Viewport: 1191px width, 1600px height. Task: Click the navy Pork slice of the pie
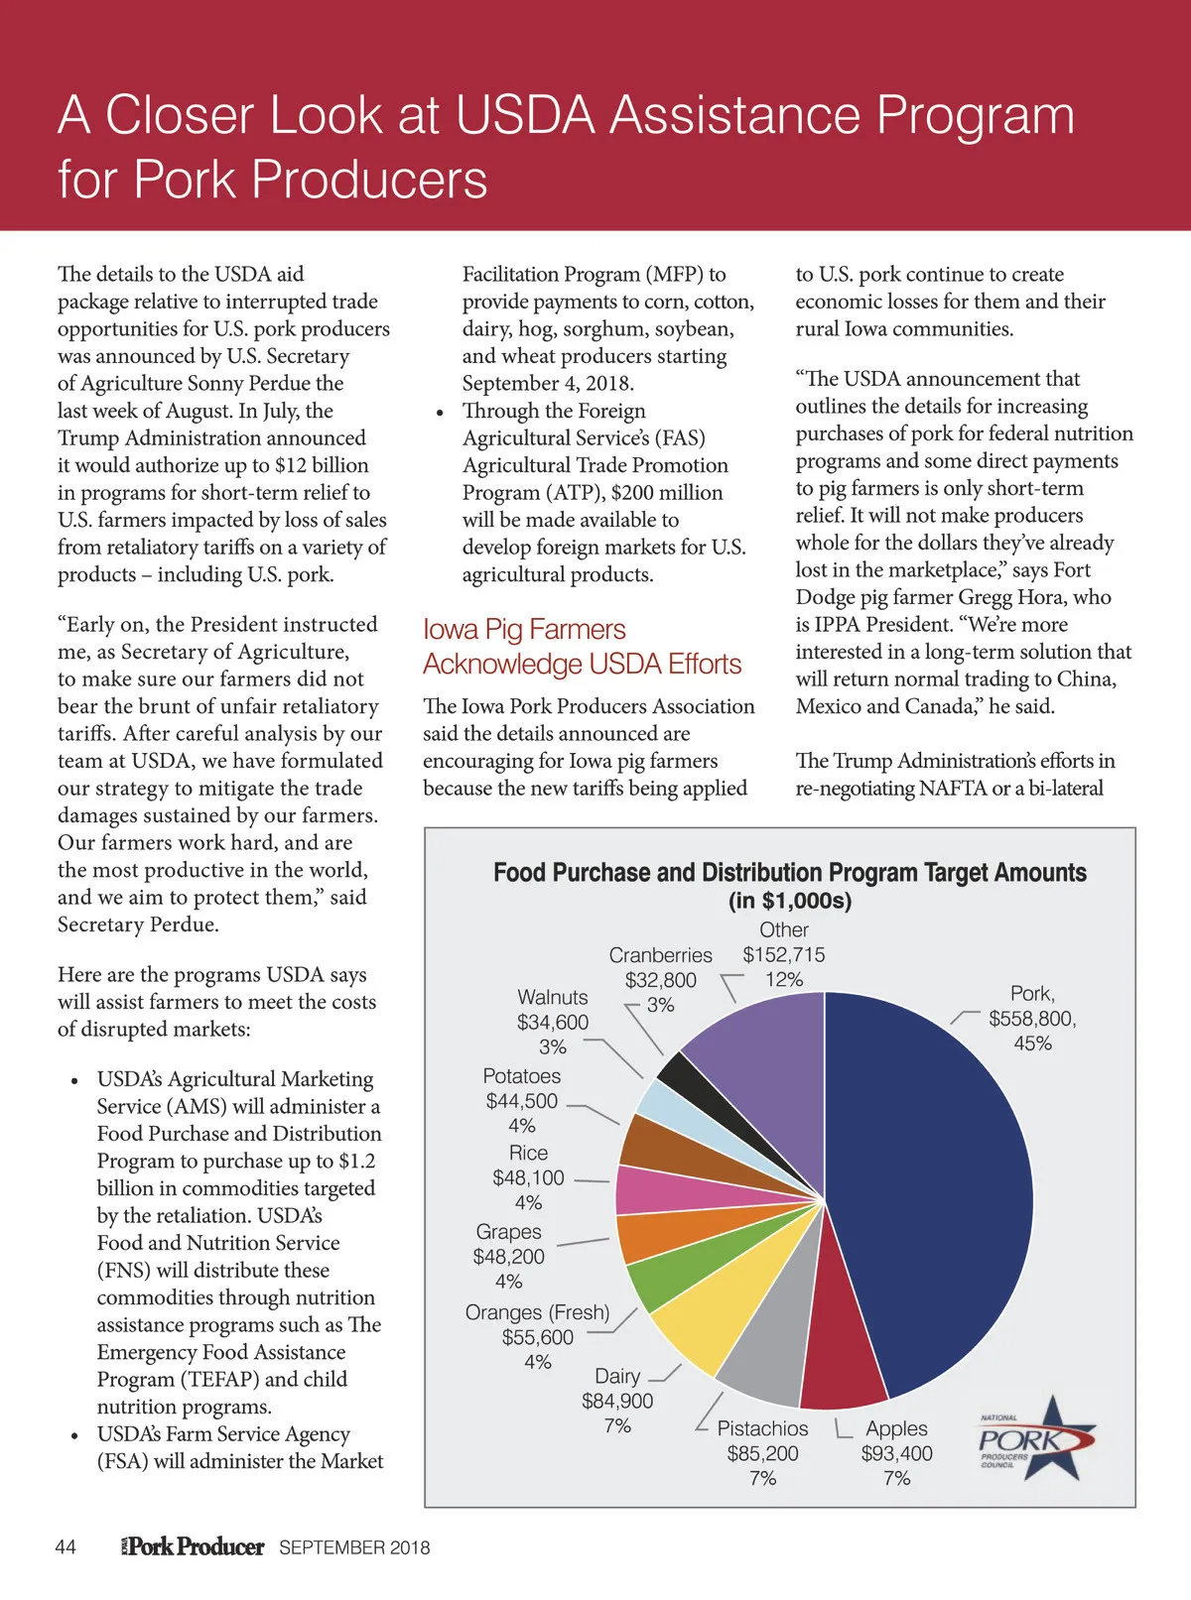[933, 1190]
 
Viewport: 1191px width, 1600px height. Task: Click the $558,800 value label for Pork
[1032, 1019]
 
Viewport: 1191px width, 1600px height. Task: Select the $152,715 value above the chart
[784, 954]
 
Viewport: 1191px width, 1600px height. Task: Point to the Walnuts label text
[553, 997]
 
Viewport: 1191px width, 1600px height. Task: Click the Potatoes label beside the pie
[522, 1076]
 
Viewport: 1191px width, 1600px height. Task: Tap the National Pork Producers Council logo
[1037, 1438]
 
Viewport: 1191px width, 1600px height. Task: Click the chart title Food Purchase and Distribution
[789, 873]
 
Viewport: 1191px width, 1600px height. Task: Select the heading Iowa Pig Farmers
[524, 630]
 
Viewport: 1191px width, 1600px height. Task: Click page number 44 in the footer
[66, 1547]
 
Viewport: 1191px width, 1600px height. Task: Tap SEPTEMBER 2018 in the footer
[354, 1547]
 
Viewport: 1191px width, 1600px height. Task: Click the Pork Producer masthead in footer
[194, 1546]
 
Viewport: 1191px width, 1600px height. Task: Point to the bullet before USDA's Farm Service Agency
[74, 1435]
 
